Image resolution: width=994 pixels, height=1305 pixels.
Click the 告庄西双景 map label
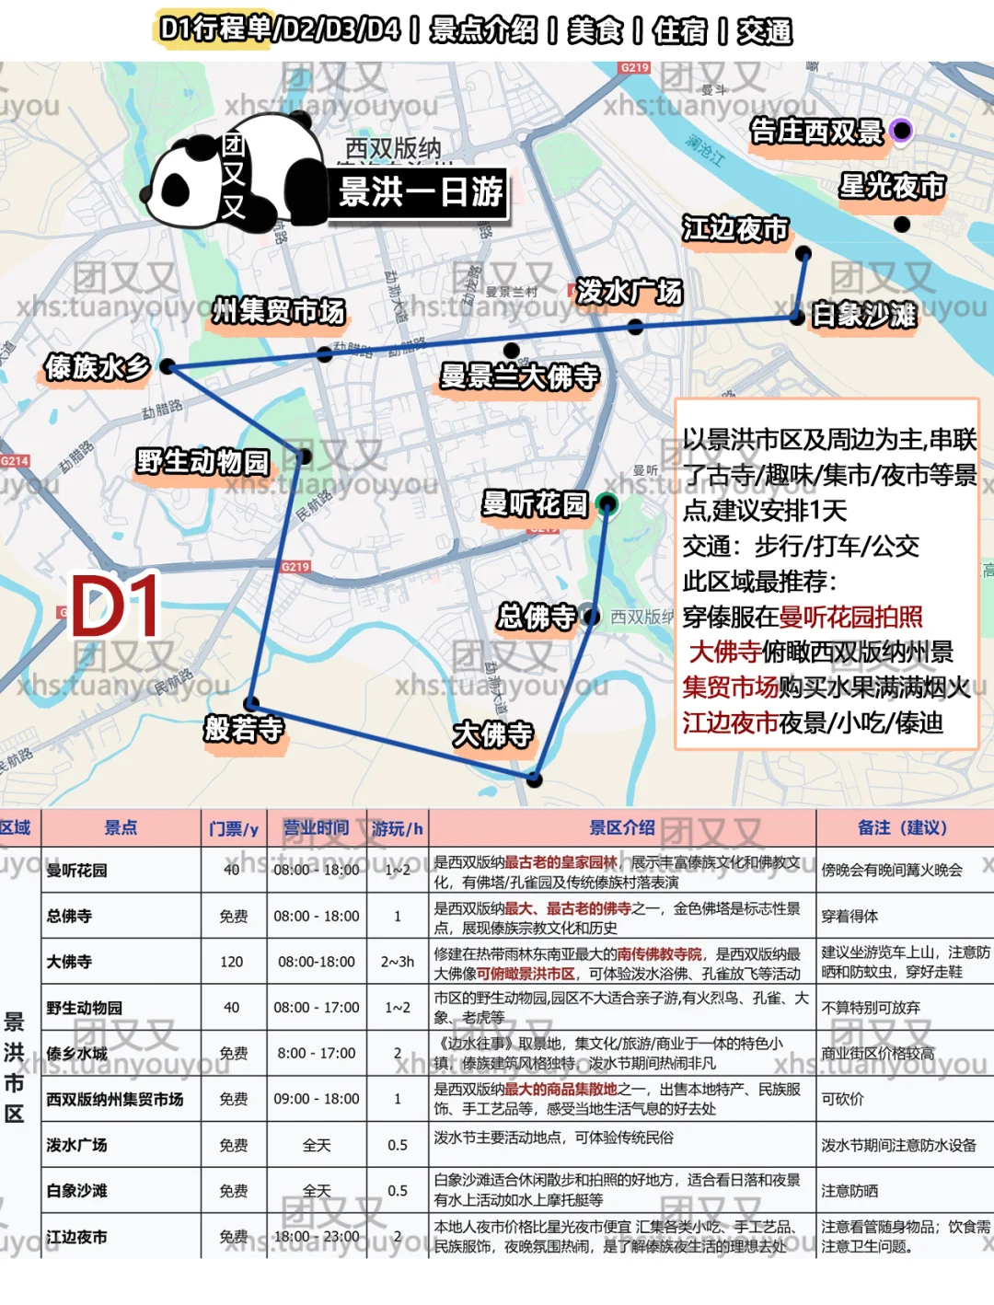click(816, 133)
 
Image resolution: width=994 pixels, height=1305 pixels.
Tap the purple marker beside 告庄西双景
click(902, 131)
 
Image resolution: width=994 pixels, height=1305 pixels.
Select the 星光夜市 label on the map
click(892, 187)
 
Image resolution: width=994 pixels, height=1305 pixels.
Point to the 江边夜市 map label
click(735, 229)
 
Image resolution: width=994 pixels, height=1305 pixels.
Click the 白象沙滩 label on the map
click(863, 316)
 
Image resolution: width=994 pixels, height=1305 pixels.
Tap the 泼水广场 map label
click(630, 292)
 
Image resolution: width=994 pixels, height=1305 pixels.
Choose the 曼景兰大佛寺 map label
click(520, 376)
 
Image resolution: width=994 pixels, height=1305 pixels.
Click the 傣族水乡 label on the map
click(98, 367)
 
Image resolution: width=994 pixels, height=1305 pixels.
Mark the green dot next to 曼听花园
click(607, 503)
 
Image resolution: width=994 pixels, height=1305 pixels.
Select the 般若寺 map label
click(244, 730)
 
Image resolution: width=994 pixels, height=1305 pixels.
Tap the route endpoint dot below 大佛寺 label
click(535, 779)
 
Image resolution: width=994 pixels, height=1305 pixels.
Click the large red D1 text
click(115, 607)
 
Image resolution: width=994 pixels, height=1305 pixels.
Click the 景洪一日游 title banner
click(421, 192)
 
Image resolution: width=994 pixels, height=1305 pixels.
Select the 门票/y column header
click(234, 829)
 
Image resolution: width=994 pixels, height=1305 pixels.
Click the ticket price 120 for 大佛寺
click(232, 962)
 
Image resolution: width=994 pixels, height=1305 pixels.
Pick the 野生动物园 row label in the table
click(84, 1008)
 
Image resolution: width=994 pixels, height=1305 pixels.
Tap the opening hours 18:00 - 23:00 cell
click(316, 1237)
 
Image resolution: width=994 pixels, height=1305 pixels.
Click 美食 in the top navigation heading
click(595, 30)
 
